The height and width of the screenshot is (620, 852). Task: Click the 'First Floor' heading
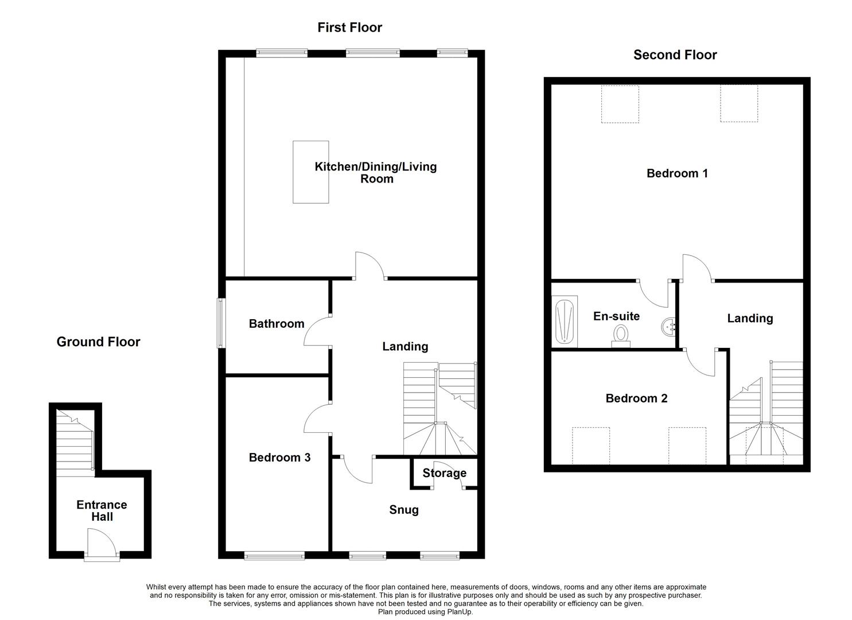[349, 28]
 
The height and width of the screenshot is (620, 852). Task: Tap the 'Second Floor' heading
[675, 55]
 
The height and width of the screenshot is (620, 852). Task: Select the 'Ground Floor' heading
[98, 342]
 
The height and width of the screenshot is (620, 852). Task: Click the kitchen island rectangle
[311, 172]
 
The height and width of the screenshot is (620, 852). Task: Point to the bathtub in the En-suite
[565, 321]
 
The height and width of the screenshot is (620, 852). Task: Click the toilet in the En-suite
[621, 336]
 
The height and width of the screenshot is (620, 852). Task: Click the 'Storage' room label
[444, 473]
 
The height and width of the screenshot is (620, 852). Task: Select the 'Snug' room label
[404, 510]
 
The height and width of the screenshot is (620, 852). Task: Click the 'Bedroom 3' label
[279, 458]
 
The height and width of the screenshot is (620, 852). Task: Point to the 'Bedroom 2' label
[636, 398]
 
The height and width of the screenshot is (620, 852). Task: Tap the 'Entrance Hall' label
[102, 511]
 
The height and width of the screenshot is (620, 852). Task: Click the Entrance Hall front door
[102, 545]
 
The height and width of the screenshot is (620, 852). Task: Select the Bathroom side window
[221, 323]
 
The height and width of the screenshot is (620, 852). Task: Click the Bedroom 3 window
[274, 556]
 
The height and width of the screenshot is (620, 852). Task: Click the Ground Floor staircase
[75, 443]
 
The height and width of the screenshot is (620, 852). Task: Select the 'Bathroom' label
[277, 324]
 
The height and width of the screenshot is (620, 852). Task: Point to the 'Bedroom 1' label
[677, 173]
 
